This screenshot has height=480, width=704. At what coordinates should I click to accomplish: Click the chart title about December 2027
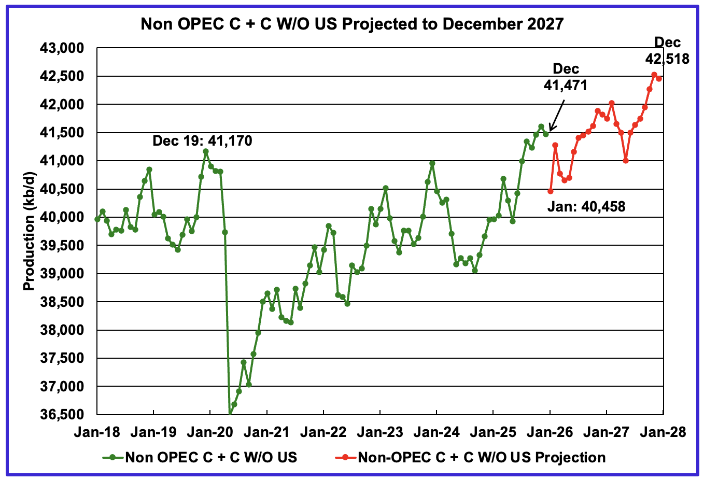352,24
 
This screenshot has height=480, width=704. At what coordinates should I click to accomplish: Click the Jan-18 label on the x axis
97,432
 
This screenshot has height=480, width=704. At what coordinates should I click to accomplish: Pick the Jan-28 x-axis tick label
663,432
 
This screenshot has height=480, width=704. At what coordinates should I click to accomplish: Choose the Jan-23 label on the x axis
380,432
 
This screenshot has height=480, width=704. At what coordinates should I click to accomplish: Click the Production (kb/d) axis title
29,232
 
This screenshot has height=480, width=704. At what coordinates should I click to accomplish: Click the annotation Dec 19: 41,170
202,140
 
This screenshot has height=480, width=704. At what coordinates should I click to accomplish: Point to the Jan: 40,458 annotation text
586,207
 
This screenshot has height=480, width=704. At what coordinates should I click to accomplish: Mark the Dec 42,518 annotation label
667,51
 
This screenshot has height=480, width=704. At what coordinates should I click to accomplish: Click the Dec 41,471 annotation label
566,77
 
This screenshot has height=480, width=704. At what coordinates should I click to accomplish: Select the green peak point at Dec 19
206,151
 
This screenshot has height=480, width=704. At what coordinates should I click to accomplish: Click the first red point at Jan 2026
551,191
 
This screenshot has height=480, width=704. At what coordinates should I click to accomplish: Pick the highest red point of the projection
654,75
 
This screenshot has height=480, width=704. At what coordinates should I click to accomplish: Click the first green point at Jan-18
97,219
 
